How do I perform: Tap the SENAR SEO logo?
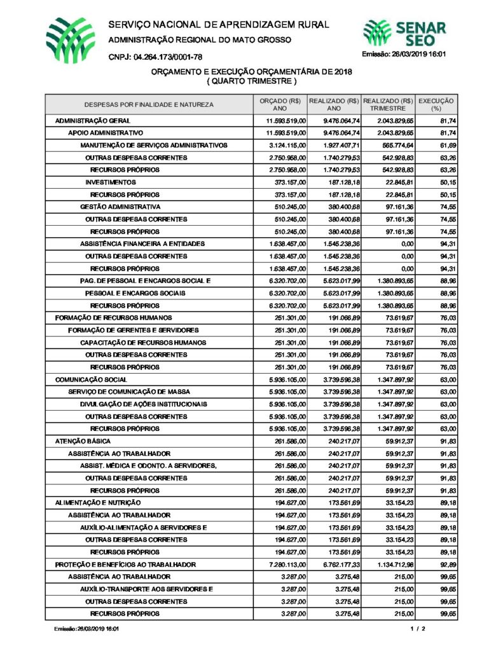click(x=404, y=34)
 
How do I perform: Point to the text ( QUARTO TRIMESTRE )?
click(x=251, y=82)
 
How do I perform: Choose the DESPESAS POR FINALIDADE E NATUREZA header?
click(x=149, y=104)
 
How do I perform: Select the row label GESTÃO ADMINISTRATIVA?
click(x=120, y=207)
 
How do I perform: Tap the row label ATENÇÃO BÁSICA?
click(x=83, y=441)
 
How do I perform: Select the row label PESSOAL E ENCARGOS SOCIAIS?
click(x=135, y=293)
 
